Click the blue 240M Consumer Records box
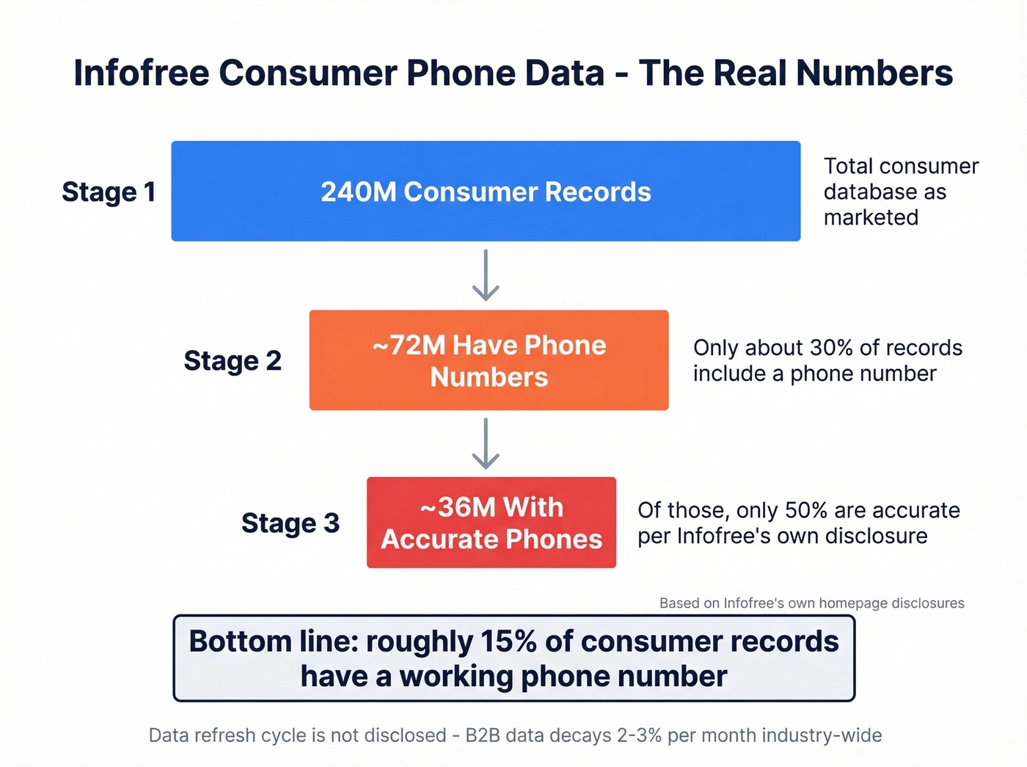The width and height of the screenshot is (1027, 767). pos(486,191)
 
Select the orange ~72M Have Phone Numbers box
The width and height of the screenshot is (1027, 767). pos(489,360)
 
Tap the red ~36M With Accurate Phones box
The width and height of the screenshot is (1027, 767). pos(491,523)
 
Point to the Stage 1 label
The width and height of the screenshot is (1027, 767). pos(109,192)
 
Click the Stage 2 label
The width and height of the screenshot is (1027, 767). pos(233,360)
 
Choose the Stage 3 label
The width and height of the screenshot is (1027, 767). pos(290,523)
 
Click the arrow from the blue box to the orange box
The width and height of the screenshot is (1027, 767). pos(486,275)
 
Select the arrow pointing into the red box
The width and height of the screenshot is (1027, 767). pos(486,443)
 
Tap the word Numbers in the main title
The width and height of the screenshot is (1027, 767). pos(874,73)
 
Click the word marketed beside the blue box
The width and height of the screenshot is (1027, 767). pos(871,217)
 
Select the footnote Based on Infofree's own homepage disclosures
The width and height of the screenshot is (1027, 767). pos(811,603)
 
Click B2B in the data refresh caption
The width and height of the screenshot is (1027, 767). pos(483,735)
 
